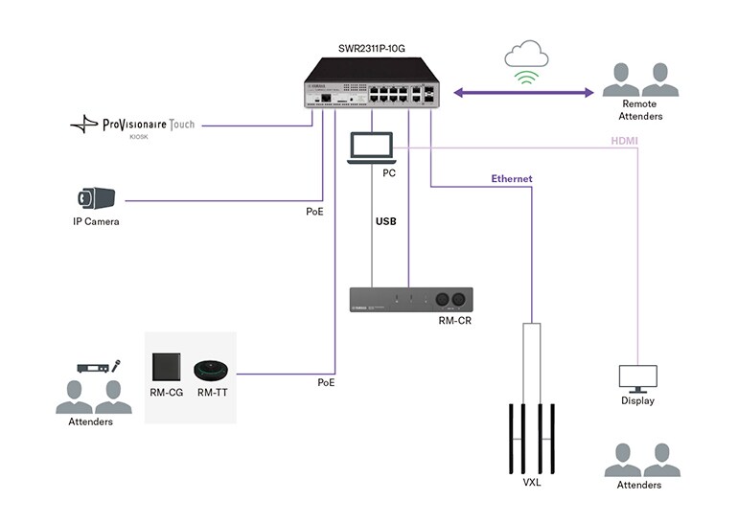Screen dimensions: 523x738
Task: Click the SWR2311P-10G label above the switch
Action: (x=369, y=48)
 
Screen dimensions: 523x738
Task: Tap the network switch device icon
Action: (x=370, y=86)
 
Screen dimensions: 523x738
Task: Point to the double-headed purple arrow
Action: (x=522, y=93)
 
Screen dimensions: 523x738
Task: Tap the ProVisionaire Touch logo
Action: (x=134, y=125)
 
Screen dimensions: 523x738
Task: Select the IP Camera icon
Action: (x=97, y=198)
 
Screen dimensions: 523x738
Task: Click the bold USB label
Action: (x=385, y=220)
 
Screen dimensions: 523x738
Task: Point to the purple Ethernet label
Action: (x=511, y=179)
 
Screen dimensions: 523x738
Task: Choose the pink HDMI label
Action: (x=624, y=141)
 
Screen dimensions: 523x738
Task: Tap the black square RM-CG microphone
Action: (x=167, y=367)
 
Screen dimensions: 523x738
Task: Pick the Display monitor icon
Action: (x=637, y=378)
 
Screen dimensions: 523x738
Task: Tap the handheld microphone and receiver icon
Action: (x=99, y=367)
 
